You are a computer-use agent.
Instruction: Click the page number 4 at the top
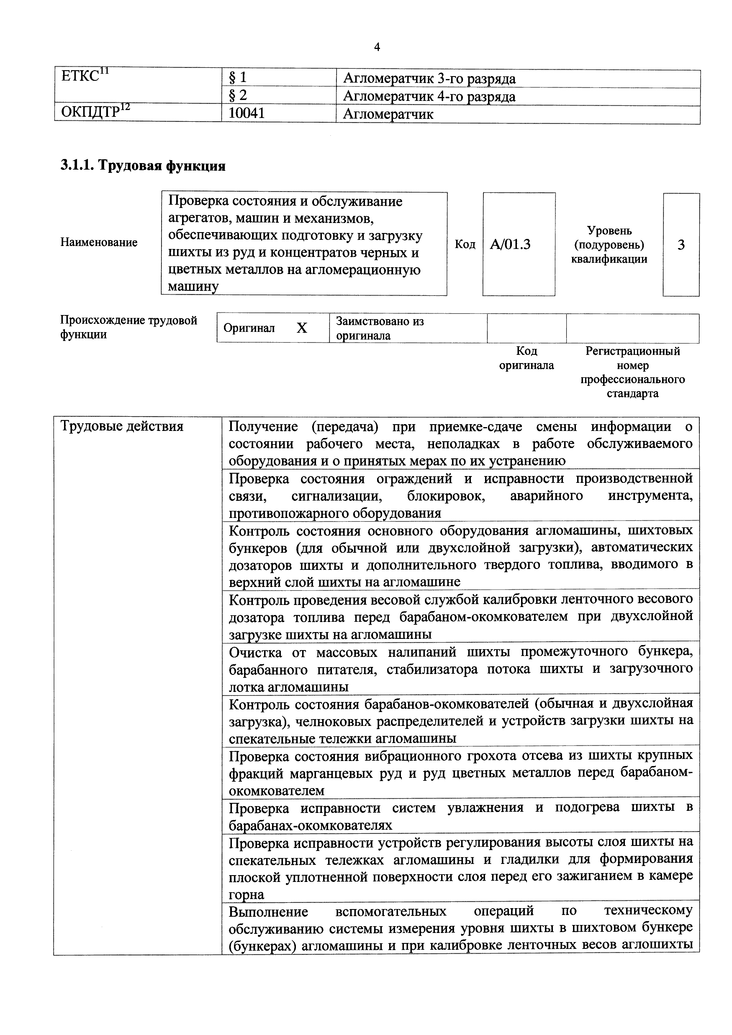click(377, 47)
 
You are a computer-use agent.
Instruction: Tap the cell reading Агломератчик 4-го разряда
click(429, 96)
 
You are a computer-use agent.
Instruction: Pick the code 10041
click(247, 114)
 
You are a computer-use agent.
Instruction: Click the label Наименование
click(99, 242)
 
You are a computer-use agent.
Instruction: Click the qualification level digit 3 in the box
click(681, 245)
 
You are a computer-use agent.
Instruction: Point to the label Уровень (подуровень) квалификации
click(609, 245)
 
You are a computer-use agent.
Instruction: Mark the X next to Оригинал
click(302, 328)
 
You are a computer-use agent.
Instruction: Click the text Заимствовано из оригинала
click(380, 328)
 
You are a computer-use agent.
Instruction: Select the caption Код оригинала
click(526, 358)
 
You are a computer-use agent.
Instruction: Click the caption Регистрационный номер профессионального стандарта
click(632, 372)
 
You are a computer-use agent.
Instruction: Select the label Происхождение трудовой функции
click(129, 327)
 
